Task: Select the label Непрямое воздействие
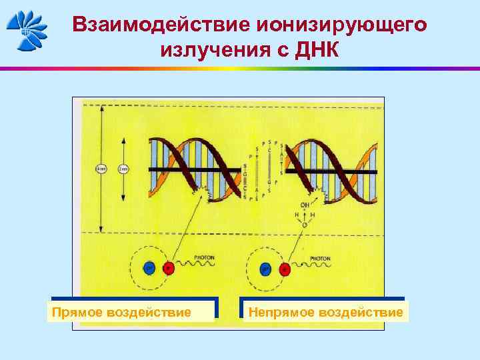325,312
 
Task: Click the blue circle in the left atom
149,269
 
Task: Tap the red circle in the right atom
286,269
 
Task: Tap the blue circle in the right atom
265,269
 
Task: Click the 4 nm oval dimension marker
101,169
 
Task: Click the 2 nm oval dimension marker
123,169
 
